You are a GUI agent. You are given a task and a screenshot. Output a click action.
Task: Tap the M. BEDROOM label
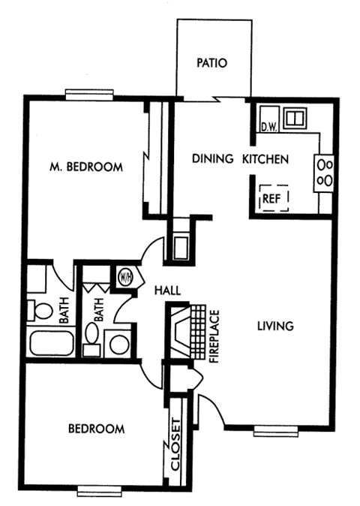click(86, 167)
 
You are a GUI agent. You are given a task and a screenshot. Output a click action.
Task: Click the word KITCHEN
click(265, 159)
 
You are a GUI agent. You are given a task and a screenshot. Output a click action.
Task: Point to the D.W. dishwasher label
click(269, 126)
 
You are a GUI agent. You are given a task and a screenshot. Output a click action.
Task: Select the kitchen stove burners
click(325, 170)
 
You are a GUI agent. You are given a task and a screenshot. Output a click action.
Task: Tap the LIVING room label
click(274, 326)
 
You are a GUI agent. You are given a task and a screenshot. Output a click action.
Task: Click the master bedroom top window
click(88, 94)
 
